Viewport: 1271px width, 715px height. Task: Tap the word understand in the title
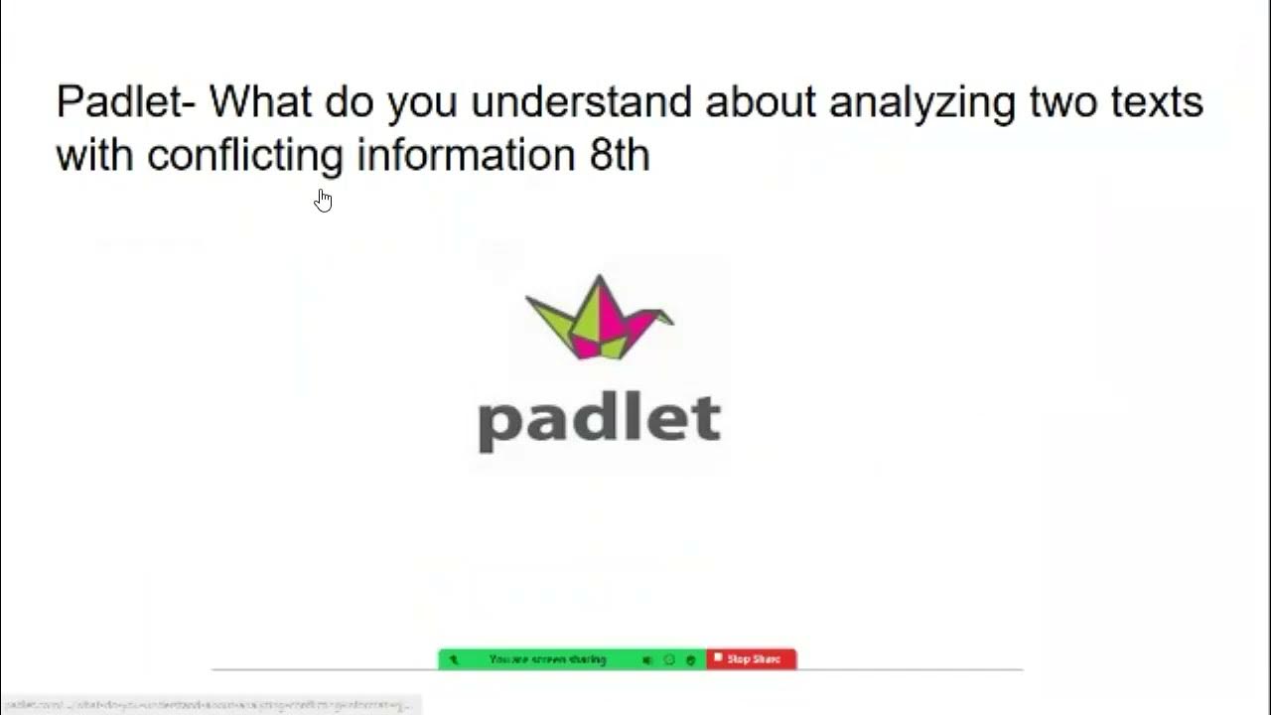tap(580, 102)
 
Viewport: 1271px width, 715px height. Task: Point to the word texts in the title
tap(1158, 102)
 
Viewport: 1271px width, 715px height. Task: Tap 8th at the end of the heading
tap(620, 155)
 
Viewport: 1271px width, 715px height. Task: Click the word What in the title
tap(261, 102)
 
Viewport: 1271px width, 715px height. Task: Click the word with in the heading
tap(94, 155)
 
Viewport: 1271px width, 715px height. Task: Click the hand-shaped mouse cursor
tap(323, 201)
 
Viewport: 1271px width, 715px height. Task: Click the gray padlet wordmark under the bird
tap(599, 421)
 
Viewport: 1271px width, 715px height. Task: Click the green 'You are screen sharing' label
tap(547, 659)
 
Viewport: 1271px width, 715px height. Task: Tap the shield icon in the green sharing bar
tap(691, 659)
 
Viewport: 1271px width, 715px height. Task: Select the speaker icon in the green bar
tap(646, 659)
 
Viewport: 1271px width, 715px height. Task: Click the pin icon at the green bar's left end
tap(454, 659)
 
